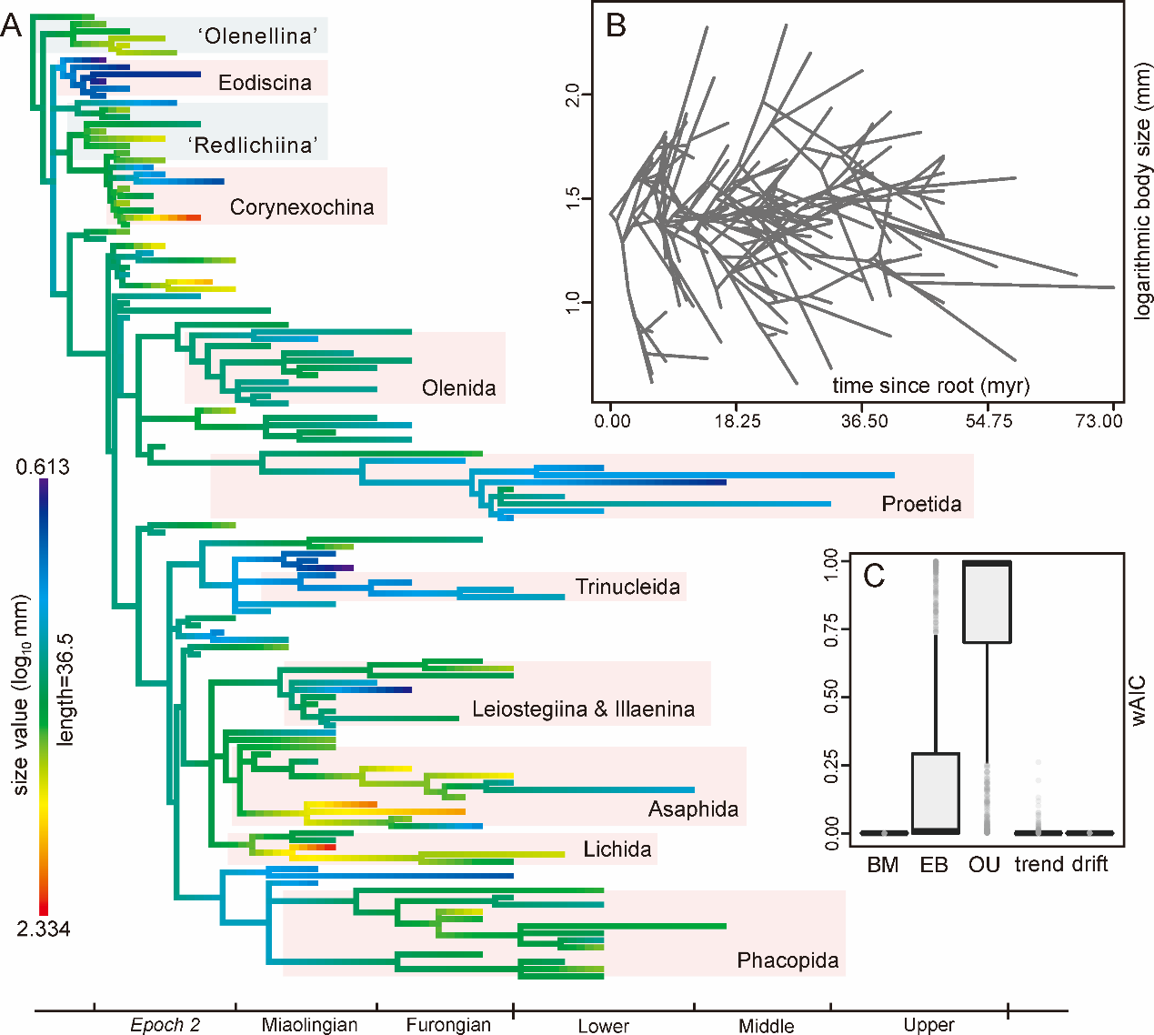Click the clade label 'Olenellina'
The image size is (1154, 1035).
pyautogui.click(x=258, y=36)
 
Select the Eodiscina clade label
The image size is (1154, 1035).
pyautogui.click(x=265, y=83)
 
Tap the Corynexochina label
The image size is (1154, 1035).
pyautogui.click(x=302, y=207)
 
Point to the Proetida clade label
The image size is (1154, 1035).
pyautogui.click(x=921, y=504)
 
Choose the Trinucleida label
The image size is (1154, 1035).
pyautogui.click(x=627, y=587)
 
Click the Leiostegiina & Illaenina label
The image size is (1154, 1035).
pyautogui.click(x=583, y=709)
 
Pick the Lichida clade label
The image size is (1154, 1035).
pyautogui.click(x=617, y=849)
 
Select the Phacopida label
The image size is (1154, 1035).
pyautogui.click(x=788, y=960)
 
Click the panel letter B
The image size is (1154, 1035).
pyautogui.click(x=617, y=25)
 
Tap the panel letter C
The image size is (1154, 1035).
pyautogui.click(x=874, y=576)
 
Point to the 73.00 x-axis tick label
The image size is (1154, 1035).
pyautogui.click(x=1099, y=421)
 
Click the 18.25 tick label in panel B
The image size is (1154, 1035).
pyautogui.click(x=738, y=421)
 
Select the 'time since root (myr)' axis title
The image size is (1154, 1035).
pyautogui.click(x=930, y=386)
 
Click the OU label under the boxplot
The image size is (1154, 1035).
pyautogui.click(x=984, y=865)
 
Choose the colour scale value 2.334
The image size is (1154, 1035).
pyautogui.click(x=43, y=929)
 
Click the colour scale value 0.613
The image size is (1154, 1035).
pyautogui.click(x=42, y=467)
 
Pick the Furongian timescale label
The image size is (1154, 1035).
pyautogui.click(x=448, y=1025)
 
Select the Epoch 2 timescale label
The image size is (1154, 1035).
pyautogui.click(x=165, y=1025)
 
